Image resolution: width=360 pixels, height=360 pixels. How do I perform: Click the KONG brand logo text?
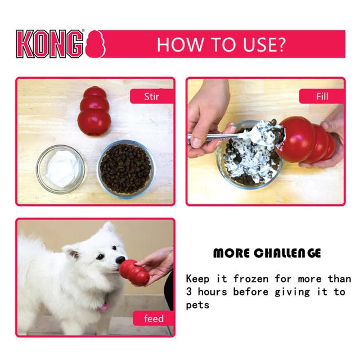pyautogui.click(x=49, y=44)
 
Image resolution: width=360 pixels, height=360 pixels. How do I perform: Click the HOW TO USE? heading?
pyautogui.click(x=220, y=44)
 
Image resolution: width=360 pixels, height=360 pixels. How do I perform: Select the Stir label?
pyautogui.click(x=151, y=96)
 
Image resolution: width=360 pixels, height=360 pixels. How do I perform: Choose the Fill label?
pyautogui.click(x=322, y=96)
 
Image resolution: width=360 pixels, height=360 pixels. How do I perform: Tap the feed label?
pyautogui.click(x=154, y=319)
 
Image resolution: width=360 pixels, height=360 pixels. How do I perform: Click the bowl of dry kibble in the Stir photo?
pyautogui.click(x=125, y=167)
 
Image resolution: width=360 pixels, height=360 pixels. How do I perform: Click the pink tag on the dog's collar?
pyautogui.click(x=103, y=308)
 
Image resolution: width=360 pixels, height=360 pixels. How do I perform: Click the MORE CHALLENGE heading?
pyautogui.click(x=267, y=253)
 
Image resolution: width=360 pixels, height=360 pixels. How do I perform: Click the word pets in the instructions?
pyautogui.click(x=197, y=305)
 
